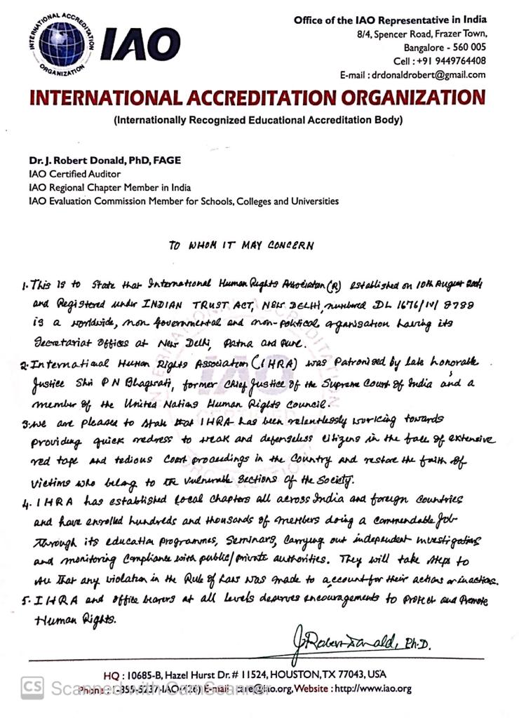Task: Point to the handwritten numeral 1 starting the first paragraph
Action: point(25,286)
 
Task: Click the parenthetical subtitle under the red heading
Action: point(258,120)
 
